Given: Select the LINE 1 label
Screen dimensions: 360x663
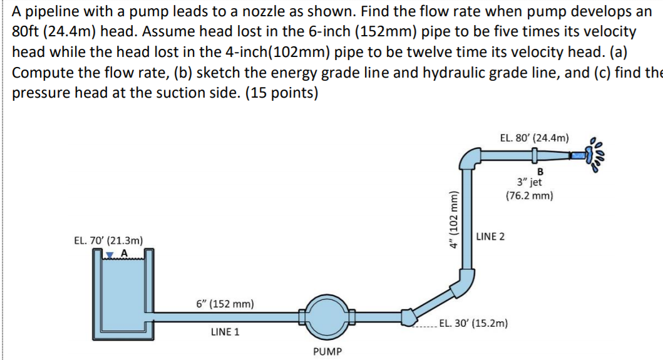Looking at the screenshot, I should click(x=225, y=332).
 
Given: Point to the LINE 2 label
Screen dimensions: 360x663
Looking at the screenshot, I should click(x=491, y=237).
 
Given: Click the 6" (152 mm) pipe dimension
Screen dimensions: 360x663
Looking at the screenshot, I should click(x=225, y=304).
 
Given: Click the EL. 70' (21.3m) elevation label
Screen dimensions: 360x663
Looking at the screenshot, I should click(x=108, y=240).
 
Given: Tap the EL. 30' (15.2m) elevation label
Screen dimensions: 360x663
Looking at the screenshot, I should click(x=474, y=324).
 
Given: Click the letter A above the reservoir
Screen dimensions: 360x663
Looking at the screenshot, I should click(x=123, y=252).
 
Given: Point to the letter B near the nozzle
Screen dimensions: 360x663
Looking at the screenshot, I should click(x=540, y=172).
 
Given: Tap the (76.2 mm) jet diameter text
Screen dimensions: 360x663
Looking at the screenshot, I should click(x=529, y=195).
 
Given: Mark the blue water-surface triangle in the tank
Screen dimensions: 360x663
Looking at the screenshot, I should click(x=110, y=254).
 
